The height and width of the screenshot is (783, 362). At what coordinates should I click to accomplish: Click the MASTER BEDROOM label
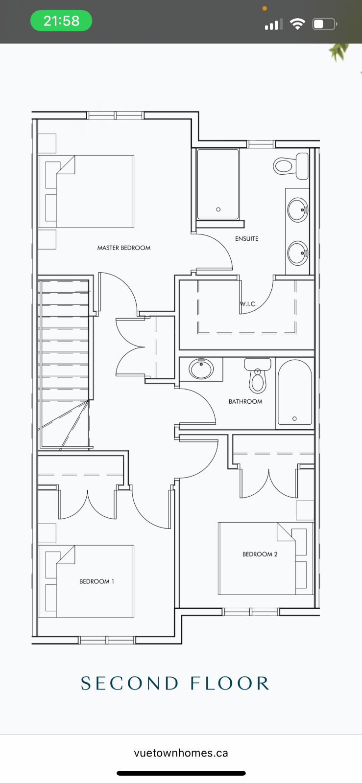124,248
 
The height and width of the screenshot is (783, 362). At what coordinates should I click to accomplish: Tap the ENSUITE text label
246,239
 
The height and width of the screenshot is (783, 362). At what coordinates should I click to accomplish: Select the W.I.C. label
248,304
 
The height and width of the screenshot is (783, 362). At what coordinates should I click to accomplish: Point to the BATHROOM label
245,402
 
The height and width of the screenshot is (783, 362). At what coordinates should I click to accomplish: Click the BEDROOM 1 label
97,581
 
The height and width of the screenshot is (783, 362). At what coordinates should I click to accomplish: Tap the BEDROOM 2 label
260,554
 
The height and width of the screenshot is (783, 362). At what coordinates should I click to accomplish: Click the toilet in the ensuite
291,166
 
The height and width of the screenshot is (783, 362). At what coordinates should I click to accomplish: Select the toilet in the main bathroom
258,376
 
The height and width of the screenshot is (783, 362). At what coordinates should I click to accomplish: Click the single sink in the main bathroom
201,368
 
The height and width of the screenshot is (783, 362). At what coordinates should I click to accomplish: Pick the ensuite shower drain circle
218,209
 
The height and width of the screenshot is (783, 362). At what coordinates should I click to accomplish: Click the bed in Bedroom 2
265,558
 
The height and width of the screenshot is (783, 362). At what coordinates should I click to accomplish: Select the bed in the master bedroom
87,191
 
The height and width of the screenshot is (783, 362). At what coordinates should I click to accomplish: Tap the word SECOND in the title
130,683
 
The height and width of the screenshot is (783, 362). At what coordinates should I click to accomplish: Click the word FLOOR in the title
230,683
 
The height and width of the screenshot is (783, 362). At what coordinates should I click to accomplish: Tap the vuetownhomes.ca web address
181,753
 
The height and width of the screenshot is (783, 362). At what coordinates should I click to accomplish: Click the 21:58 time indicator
61,21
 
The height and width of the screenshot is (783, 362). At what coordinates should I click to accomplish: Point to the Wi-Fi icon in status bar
297,24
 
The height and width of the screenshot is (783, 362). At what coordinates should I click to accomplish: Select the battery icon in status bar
325,24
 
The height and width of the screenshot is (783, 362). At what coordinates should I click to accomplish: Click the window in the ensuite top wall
261,144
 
